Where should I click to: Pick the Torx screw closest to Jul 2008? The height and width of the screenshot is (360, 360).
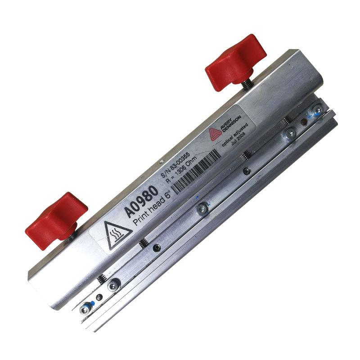(288, 133)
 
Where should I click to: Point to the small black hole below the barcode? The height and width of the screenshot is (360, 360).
(246, 171)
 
